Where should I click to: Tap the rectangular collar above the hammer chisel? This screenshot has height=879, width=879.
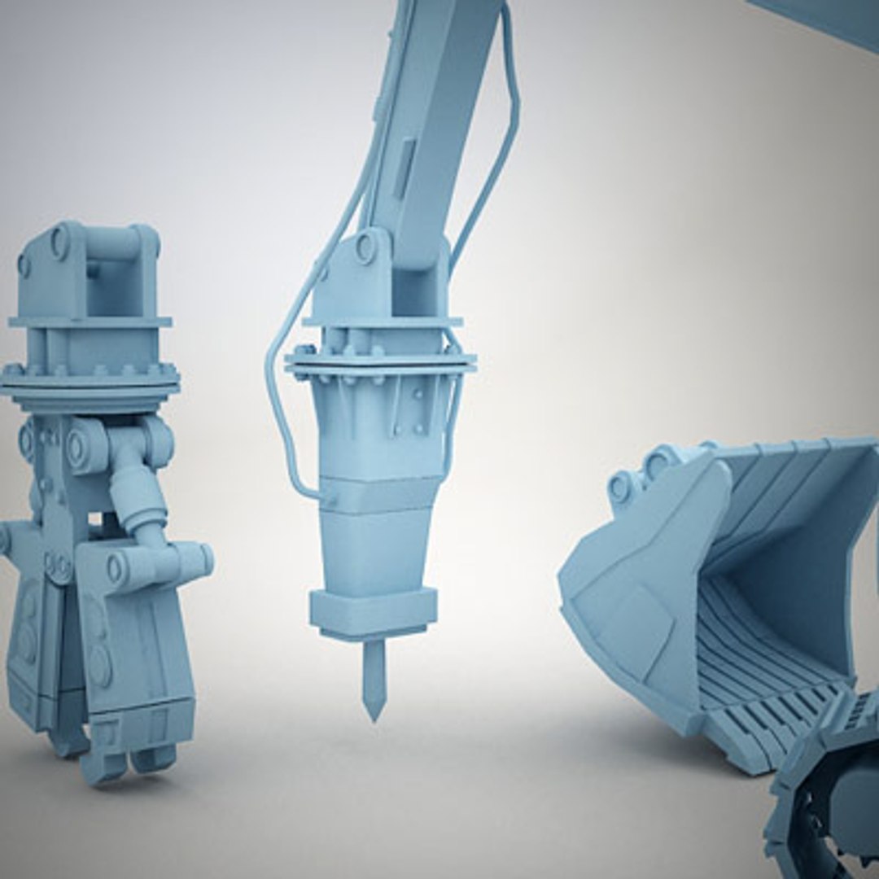373,611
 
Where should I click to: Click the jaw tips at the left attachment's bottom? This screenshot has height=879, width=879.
122,761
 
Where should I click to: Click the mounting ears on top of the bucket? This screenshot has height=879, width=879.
643,476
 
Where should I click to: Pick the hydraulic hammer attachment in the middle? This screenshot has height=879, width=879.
378,456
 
